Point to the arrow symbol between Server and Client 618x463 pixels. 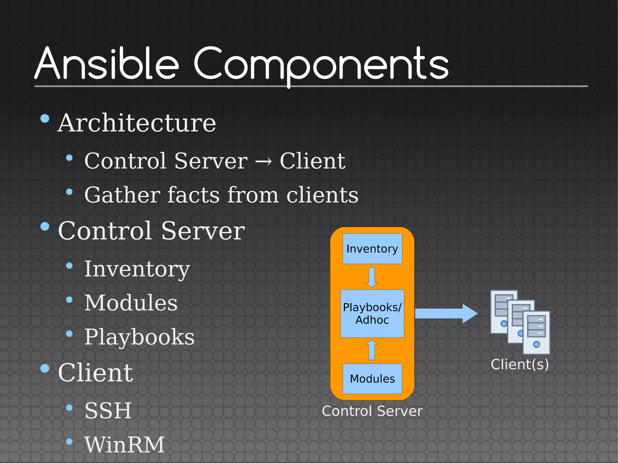point(263,162)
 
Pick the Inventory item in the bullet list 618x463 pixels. point(137,269)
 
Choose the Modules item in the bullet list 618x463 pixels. point(131,303)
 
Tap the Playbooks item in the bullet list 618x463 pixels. point(139,337)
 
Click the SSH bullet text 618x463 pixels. point(108,411)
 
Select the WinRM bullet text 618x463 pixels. point(124,445)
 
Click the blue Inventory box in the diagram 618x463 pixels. point(372,249)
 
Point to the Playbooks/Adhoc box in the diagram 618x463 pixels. point(372,313)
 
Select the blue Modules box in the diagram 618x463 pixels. point(372,379)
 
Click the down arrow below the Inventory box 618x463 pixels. point(372,277)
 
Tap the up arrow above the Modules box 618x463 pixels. point(372,350)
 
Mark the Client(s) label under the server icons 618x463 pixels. point(520,364)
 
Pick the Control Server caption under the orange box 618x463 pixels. point(372,411)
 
